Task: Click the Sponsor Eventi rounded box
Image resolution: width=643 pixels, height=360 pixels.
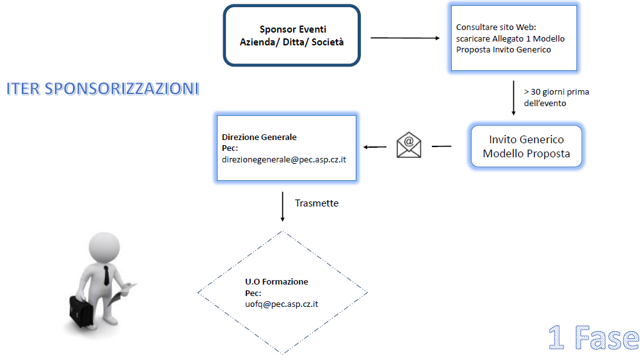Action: tap(292, 35)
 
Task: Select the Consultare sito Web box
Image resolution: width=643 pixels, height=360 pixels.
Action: tap(514, 38)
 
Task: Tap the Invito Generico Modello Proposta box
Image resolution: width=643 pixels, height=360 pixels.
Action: tap(526, 146)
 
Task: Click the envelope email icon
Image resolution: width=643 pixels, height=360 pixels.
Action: tap(409, 145)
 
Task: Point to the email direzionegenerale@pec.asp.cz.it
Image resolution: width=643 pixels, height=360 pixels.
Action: tap(284, 159)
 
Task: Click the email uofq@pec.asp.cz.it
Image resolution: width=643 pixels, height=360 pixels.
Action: tap(282, 304)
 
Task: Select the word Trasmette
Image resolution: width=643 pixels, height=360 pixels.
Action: tap(317, 203)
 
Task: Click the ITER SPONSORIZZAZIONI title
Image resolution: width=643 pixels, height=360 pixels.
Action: tap(102, 89)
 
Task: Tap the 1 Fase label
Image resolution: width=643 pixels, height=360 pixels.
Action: tap(592, 337)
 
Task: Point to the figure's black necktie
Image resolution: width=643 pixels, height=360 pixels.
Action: tap(105, 275)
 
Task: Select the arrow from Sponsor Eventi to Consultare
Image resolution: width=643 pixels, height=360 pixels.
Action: tap(405, 38)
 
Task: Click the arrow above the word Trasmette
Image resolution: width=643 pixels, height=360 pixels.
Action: tap(282, 206)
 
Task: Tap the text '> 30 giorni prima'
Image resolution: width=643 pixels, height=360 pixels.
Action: tap(556, 92)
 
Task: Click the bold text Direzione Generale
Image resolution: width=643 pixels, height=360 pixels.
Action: tap(259, 137)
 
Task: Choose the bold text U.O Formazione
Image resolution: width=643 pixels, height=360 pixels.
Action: tap(276, 282)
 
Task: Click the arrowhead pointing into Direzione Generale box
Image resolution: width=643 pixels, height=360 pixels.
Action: tap(367, 148)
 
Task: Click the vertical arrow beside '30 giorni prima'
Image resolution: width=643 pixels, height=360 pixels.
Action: tap(513, 98)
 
